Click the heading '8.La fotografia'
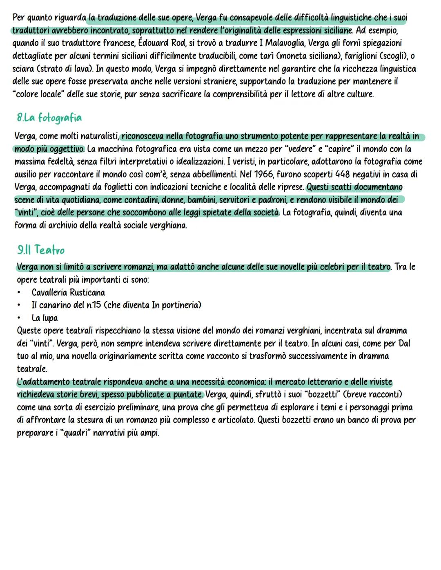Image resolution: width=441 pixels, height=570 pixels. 49,118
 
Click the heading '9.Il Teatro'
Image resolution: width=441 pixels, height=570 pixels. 41,250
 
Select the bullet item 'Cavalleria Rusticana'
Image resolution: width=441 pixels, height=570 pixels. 68,293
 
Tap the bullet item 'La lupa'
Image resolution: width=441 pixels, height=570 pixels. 45,318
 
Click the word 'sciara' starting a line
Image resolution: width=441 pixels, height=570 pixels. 24,69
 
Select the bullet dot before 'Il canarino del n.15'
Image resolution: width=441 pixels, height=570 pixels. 19,305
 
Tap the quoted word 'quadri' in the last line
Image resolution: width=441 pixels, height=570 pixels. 75,433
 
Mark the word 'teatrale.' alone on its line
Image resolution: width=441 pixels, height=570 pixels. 32,369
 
